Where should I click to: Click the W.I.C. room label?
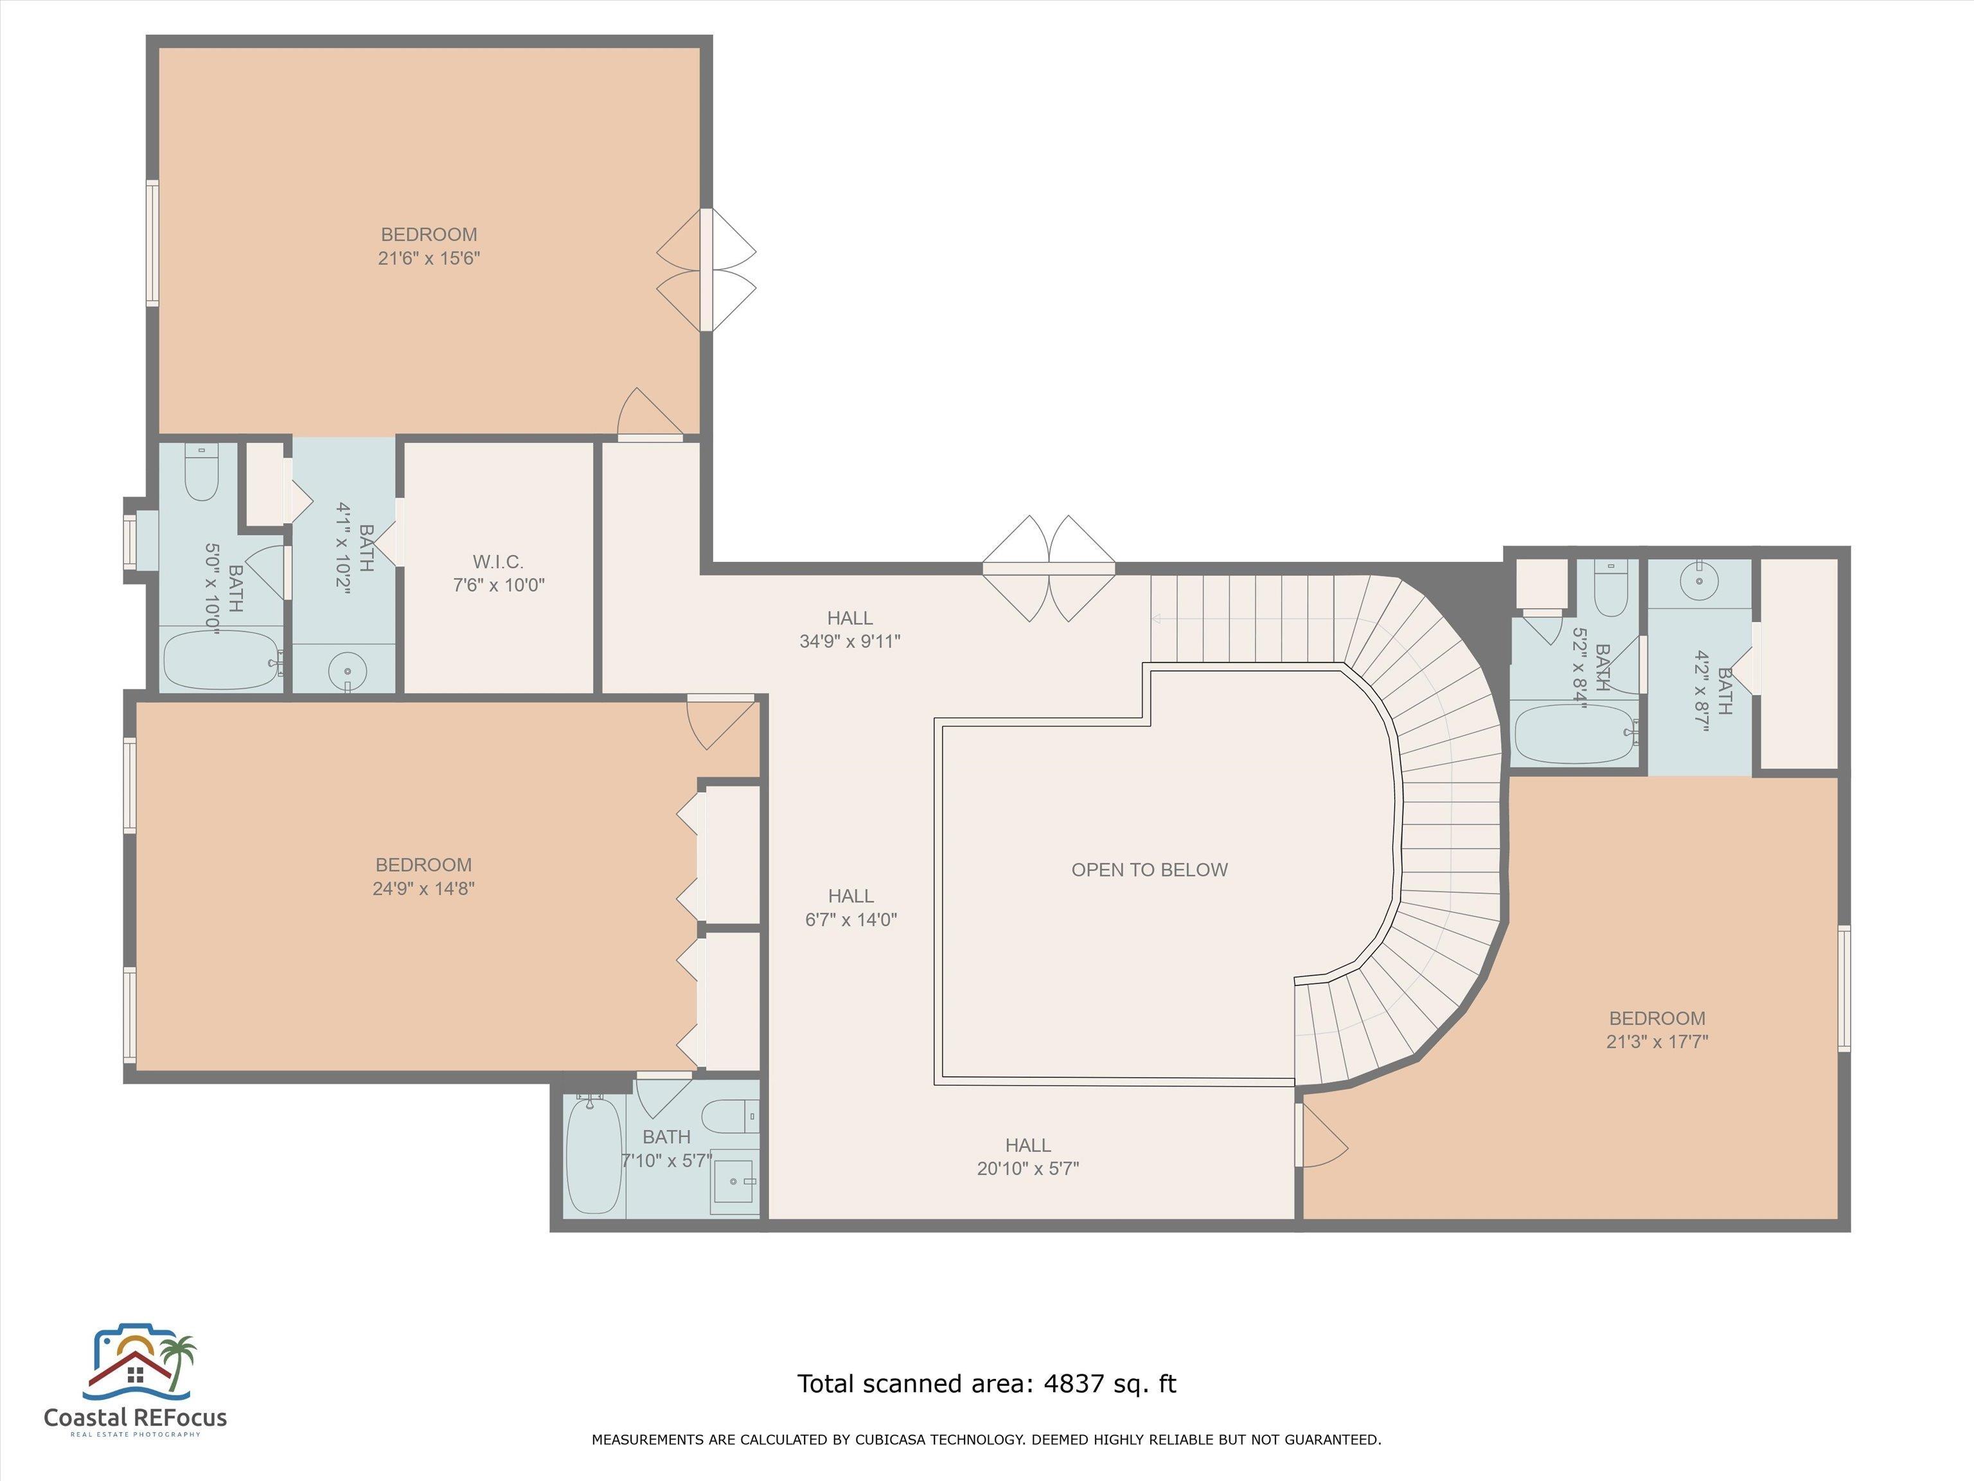pos(498,562)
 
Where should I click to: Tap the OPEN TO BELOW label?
pos(1150,870)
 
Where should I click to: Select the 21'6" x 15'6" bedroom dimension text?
pos(429,258)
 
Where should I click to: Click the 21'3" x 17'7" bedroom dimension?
pos(1657,1041)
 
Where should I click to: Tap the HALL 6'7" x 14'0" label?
pos(851,908)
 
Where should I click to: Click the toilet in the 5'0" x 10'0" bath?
pos(202,473)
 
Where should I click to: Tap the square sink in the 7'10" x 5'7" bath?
pos(733,1187)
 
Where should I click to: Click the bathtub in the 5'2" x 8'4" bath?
pos(1578,735)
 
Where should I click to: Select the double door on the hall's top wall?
pos(1049,569)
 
